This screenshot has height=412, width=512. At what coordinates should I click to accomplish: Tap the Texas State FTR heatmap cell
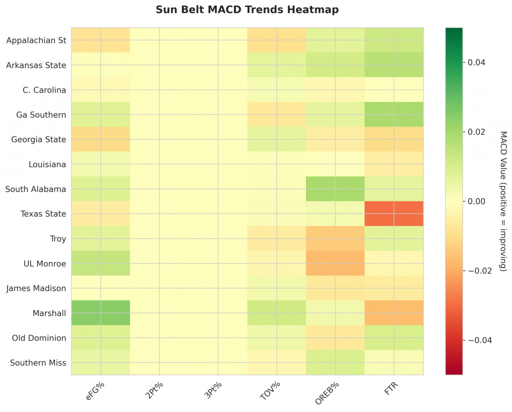pyautogui.click(x=394, y=214)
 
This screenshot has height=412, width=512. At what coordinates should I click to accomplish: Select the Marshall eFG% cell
pyautogui.click(x=100, y=313)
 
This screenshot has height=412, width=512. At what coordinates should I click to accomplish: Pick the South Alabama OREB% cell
pyautogui.click(x=335, y=189)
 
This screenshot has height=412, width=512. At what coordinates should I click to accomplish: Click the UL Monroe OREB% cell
pyautogui.click(x=335, y=263)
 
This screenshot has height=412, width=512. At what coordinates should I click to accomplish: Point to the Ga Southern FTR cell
pyautogui.click(x=394, y=114)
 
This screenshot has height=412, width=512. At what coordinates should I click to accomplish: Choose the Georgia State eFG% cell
pyautogui.click(x=100, y=139)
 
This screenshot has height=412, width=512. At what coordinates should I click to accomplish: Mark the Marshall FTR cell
pyautogui.click(x=394, y=313)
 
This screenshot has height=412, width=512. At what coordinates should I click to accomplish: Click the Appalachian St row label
pyautogui.click(x=36, y=40)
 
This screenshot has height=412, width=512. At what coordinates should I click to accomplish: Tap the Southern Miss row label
pyautogui.click(x=38, y=363)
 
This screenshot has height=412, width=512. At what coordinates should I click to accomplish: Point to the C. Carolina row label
pyautogui.click(x=44, y=90)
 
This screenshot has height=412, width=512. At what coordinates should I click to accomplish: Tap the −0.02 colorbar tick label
pyautogui.click(x=477, y=271)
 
